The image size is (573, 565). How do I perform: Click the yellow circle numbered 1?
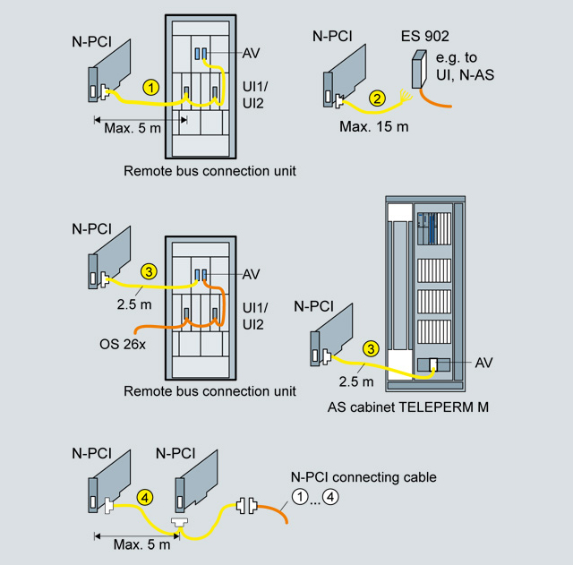[x=152, y=87]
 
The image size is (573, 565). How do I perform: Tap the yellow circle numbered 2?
[x=378, y=98]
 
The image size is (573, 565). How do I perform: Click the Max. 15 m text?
[x=373, y=126]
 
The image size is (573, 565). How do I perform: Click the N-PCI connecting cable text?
[x=364, y=477]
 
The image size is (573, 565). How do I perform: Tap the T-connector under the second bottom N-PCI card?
[x=180, y=522]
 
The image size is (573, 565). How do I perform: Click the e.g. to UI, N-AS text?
[x=465, y=67]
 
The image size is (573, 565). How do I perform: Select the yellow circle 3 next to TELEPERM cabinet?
[x=369, y=349]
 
